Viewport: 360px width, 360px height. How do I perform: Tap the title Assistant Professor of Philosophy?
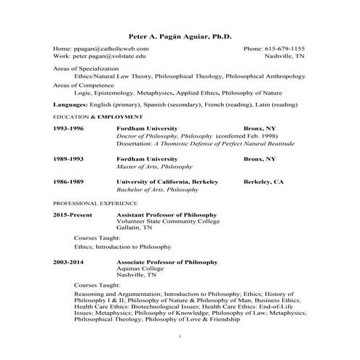point(167,216)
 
